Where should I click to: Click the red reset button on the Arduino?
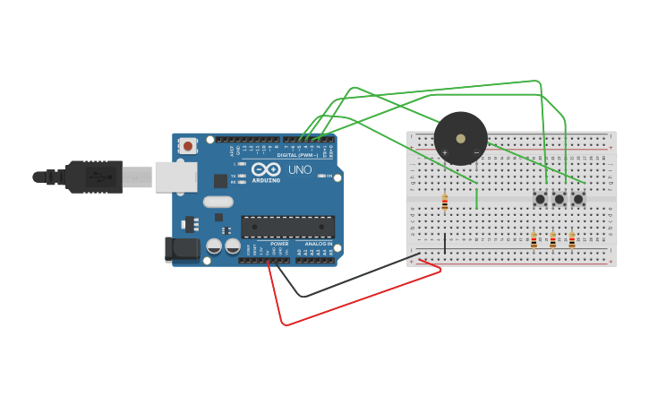[187, 145]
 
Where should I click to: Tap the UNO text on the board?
[300, 169]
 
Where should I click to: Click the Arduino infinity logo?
[266, 168]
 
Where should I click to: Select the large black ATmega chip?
[287, 226]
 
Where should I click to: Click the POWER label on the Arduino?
[279, 243]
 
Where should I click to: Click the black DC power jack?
[182, 249]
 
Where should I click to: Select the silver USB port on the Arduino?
[175, 177]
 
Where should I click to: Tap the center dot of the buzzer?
[460, 139]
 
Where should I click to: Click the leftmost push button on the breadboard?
[540, 199]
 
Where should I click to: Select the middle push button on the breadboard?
[559, 199]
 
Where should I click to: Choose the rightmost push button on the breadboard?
[578, 199]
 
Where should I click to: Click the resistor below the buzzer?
[444, 203]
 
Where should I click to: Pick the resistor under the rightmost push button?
[572, 241]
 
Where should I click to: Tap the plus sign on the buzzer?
[444, 152]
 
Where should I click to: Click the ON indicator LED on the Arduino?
[321, 176]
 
